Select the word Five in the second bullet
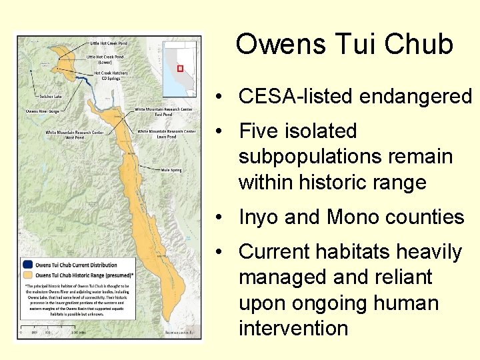click(x=263, y=131)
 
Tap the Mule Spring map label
click(x=171, y=170)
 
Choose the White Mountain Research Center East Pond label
click(x=165, y=111)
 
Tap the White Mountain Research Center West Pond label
click(x=75, y=135)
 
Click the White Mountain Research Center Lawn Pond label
click(x=167, y=134)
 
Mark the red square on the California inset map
click(x=180, y=69)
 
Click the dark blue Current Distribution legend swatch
click(x=27, y=265)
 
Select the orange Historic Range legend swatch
click(x=27, y=275)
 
